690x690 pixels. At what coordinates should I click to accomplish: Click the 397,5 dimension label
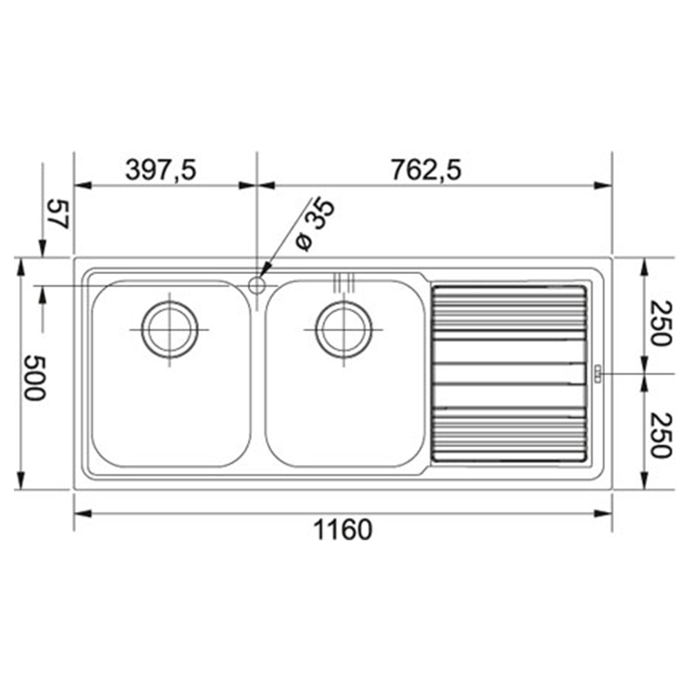click(x=161, y=170)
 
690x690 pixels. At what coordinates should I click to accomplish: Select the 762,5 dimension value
click(x=426, y=170)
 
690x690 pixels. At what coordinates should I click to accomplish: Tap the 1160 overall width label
click(x=343, y=529)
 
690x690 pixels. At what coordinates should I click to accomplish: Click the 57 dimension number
click(x=59, y=215)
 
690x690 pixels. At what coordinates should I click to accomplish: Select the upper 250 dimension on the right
click(x=662, y=324)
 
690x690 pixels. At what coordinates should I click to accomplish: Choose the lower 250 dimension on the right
click(x=662, y=435)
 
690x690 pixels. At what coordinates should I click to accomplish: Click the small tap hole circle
click(x=257, y=286)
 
